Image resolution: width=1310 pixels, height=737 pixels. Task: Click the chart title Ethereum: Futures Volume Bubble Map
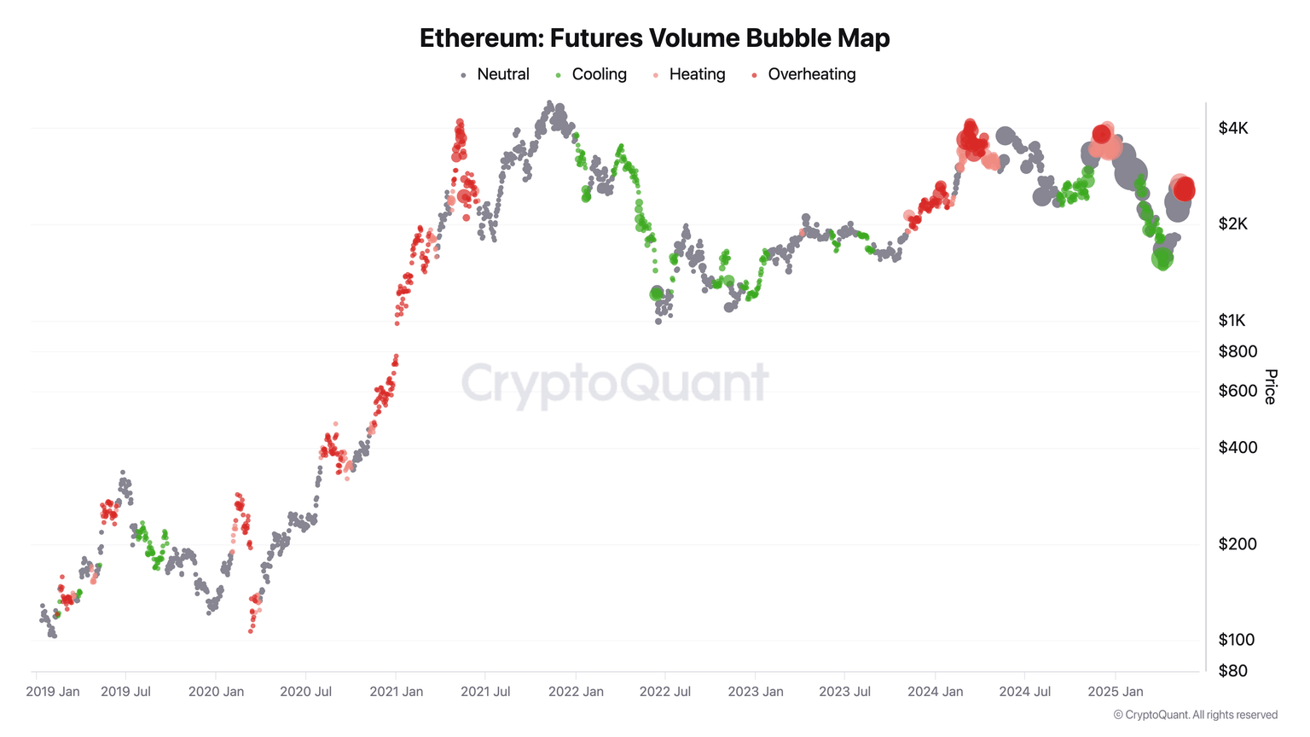point(654,38)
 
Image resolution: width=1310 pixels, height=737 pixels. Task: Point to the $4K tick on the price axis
point(1233,128)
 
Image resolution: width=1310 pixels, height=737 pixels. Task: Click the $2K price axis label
point(1233,224)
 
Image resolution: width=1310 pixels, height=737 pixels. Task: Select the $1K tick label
point(1232,321)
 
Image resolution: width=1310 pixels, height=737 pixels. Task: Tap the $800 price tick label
point(1238,351)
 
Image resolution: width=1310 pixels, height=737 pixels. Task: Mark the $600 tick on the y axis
point(1238,391)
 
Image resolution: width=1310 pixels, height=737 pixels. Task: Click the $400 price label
point(1238,448)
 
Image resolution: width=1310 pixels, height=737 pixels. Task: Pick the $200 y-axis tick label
point(1238,544)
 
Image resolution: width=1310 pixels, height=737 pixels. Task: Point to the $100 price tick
point(1237,640)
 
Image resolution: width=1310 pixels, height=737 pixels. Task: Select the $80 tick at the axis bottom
point(1232,670)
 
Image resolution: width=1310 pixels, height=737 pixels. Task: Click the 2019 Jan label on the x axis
point(53,691)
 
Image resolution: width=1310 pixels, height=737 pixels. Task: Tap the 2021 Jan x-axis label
point(396,691)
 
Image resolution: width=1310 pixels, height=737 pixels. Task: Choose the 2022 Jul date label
point(665,691)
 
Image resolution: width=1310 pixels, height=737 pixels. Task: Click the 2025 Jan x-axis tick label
point(1116,691)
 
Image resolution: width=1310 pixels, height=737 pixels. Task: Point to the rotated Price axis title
point(1271,386)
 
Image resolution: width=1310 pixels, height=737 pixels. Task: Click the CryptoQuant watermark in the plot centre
point(615,383)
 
